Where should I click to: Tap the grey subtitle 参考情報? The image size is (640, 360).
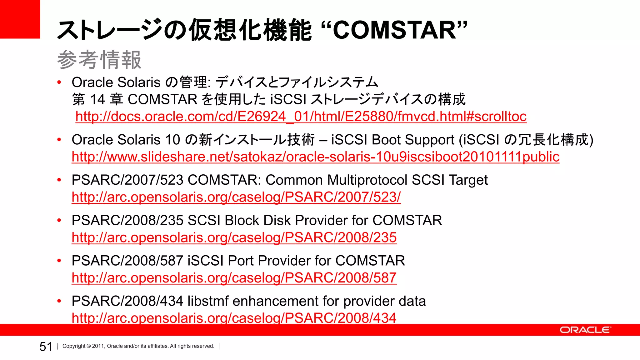coord(99,60)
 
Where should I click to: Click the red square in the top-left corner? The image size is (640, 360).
coord(20,19)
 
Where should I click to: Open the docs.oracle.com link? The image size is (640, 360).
coord(301,117)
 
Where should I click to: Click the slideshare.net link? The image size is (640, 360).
coord(315,157)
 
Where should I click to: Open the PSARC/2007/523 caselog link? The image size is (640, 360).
coord(236,197)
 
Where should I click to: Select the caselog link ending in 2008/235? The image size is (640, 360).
coord(234,237)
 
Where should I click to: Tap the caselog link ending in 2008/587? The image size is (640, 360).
coord(234,278)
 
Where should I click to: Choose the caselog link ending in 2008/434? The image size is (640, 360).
coord(234,317)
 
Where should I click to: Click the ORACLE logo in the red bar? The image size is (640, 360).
coord(584,330)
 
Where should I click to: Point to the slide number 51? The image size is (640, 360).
coord(46,347)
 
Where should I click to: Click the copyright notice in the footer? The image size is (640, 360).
coord(138,346)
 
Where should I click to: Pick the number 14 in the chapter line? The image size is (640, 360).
coord(97,100)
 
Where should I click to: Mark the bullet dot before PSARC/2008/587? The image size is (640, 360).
coord(59,261)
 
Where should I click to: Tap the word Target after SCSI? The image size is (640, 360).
coord(468,180)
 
